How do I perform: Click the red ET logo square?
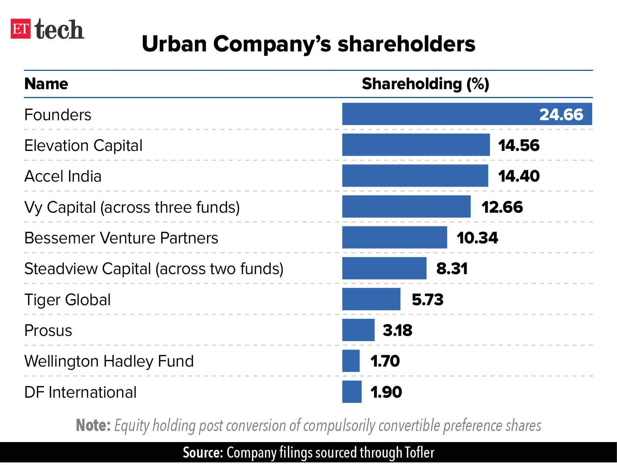point(20,29)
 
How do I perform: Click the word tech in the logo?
point(59,30)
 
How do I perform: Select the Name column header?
point(46,84)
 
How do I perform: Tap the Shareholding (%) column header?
point(425,84)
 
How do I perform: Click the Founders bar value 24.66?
point(561,115)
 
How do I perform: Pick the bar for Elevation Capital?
point(416,145)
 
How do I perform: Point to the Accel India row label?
point(63,176)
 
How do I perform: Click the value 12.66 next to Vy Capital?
point(502,207)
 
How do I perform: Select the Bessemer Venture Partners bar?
point(394,237)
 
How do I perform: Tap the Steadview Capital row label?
point(154,269)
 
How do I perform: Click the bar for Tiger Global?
point(371,299)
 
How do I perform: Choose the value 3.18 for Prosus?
point(397,330)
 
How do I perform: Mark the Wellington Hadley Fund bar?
point(351,361)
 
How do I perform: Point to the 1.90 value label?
point(386,392)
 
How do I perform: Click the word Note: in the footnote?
point(93,425)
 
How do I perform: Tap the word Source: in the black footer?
point(202,453)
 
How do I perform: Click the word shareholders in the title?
point(406,44)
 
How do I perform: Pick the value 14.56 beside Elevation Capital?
point(519,145)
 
